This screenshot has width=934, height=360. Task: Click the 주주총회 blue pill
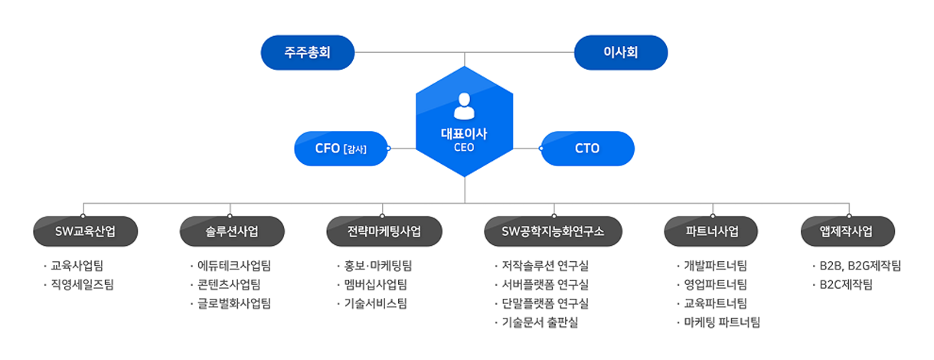tap(308, 53)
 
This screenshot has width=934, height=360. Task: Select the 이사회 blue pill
tap(621, 53)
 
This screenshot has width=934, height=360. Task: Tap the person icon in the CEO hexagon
tap(464, 106)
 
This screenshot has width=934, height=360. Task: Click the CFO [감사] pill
tap(341, 149)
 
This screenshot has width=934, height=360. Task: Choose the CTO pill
tap(587, 149)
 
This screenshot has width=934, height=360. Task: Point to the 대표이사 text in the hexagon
tap(464, 133)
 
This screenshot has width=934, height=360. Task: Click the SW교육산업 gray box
tap(86, 231)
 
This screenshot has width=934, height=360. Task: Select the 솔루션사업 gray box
tap(232, 231)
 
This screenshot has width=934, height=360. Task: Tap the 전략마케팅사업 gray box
tap(384, 231)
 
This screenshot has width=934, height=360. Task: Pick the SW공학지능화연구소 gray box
tap(553, 231)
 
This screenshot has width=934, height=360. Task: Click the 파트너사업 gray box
tap(711, 231)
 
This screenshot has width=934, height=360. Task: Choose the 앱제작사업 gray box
tap(847, 231)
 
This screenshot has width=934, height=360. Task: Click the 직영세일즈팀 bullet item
tap(78, 284)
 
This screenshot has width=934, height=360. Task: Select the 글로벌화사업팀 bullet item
tap(230, 303)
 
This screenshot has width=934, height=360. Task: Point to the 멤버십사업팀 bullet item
tap(372, 284)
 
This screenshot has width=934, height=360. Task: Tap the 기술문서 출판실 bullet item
tap(536, 322)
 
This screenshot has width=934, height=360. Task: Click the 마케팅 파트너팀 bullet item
tap(718, 322)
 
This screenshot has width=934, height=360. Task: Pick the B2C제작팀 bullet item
tap(843, 284)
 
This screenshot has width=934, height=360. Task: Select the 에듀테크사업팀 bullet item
tap(230, 266)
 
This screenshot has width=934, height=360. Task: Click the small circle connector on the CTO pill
tap(541, 149)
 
